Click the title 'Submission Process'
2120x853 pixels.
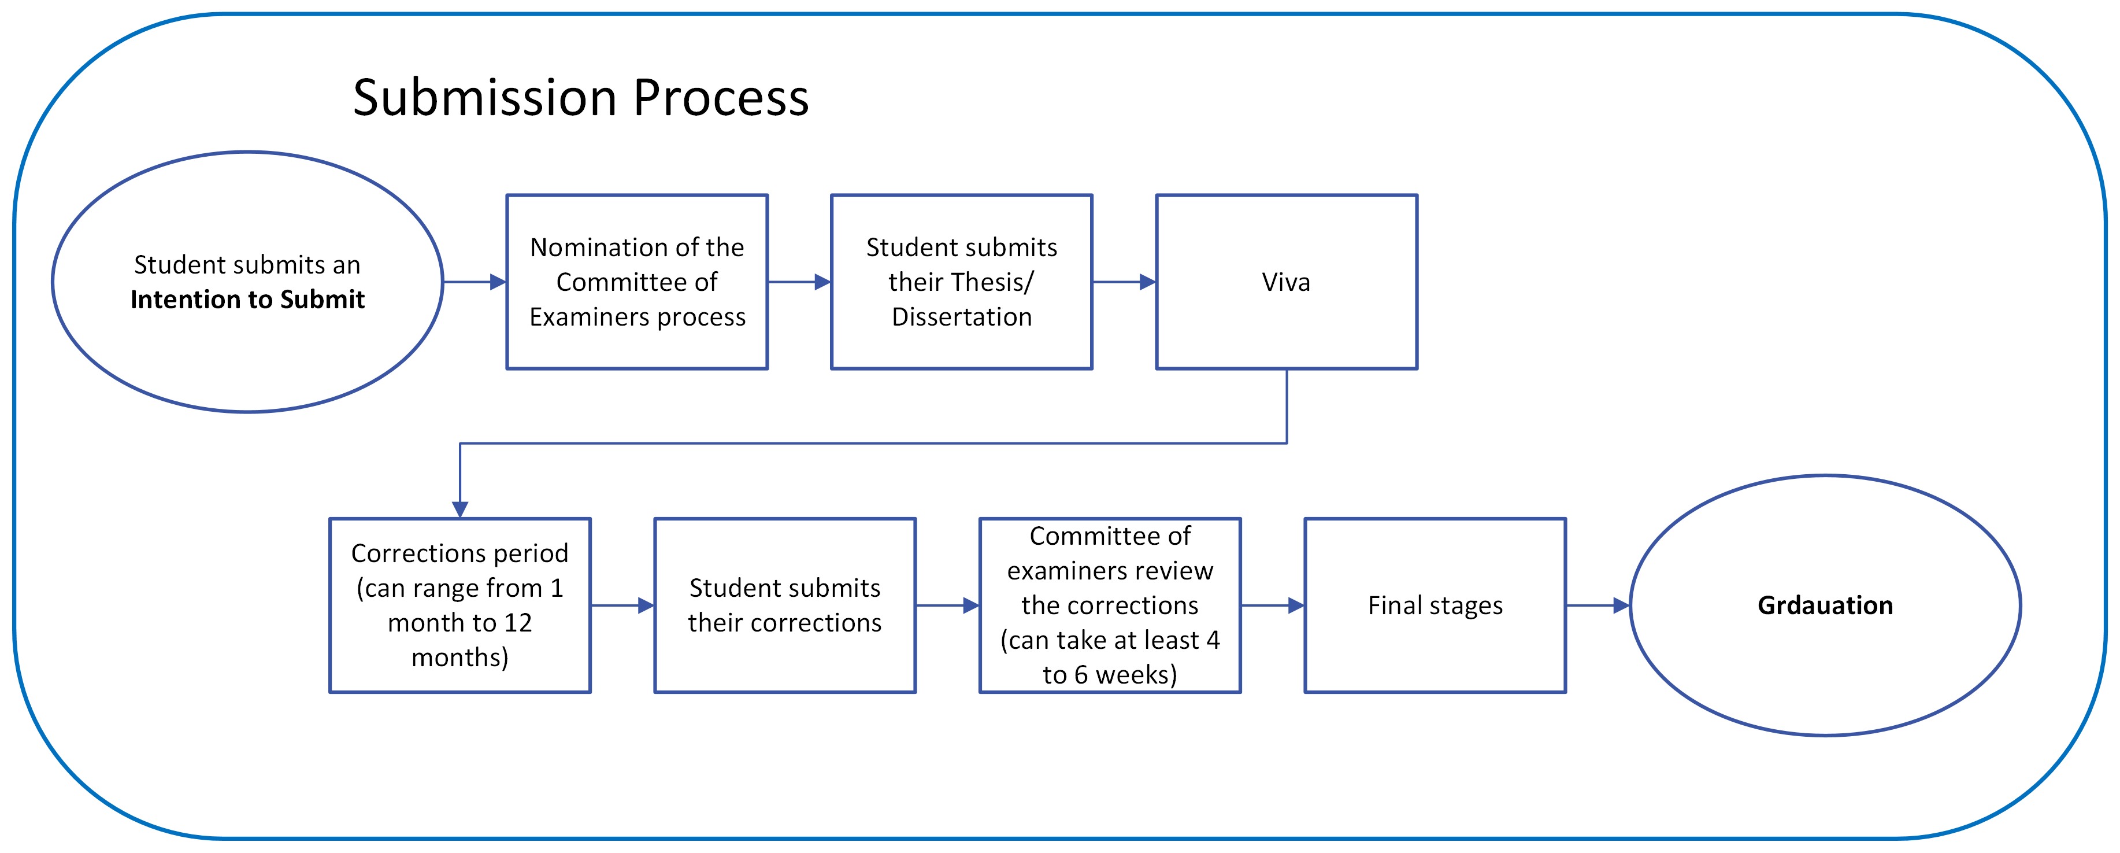[x=580, y=98]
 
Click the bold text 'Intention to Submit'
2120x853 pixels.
[x=247, y=300]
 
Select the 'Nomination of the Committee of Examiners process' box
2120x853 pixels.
[x=637, y=282]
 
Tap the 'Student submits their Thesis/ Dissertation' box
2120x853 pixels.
[x=961, y=282]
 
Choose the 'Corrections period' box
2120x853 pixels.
[x=459, y=605]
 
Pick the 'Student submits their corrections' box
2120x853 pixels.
[x=784, y=605]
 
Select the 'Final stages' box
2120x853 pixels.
[x=1435, y=605]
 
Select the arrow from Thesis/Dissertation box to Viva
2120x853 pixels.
[x=1124, y=282]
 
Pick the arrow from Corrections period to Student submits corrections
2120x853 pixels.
[x=622, y=605]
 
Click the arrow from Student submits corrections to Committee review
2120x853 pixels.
[x=947, y=605]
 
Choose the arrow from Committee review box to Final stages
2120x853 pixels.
[x=1272, y=605]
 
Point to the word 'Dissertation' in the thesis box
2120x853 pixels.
[x=961, y=317]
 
